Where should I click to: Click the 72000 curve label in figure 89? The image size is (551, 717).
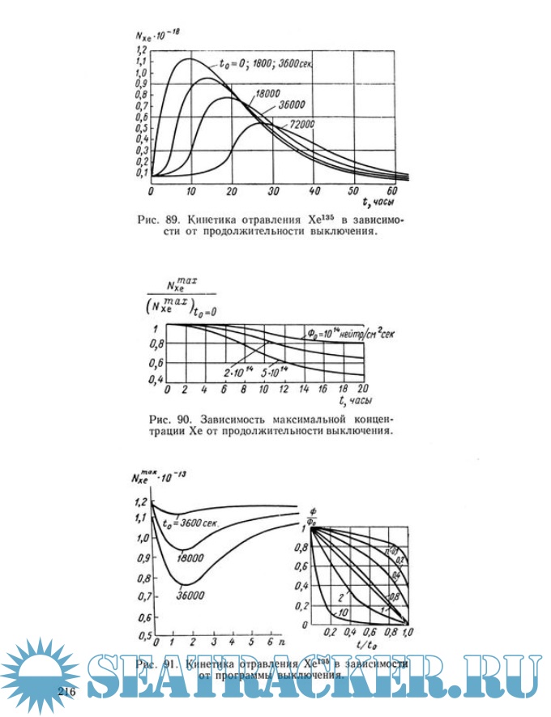(299, 122)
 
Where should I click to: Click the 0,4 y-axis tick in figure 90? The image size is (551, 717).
(157, 379)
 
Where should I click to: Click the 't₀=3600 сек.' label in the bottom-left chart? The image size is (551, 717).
(194, 522)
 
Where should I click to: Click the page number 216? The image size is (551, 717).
(66, 692)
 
